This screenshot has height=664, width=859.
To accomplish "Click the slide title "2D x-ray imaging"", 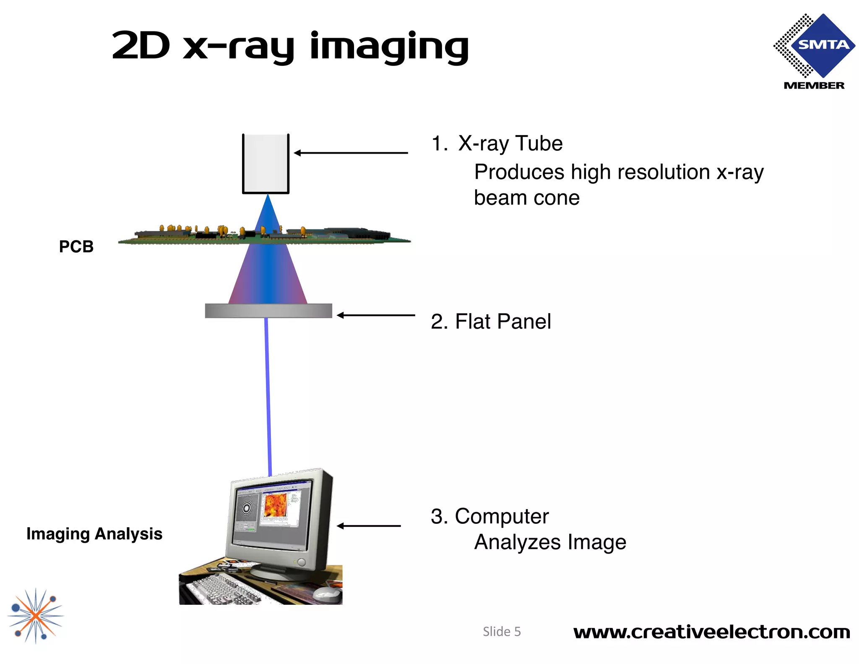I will [x=290, y=46].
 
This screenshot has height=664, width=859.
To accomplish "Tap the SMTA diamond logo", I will [x=816, y=45].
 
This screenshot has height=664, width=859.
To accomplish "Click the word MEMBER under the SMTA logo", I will [x=814, y=86].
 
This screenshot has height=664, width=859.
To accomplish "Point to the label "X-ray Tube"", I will [x=510, y=144].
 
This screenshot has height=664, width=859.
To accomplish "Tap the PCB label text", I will [x=76, y=247].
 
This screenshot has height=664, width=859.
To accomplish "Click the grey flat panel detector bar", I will [x=268, y=311].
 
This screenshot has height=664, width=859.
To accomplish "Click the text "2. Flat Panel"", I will [x=491, y=322].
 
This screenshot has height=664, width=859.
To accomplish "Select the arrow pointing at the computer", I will [x=369, y=526].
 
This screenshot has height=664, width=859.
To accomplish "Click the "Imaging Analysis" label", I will [x=94, y=534].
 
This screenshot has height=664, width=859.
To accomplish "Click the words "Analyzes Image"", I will [x=550, y=542].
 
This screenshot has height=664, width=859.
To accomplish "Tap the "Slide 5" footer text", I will [x=502, y=632].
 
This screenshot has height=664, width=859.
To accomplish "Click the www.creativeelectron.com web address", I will [x=711, y=632].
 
